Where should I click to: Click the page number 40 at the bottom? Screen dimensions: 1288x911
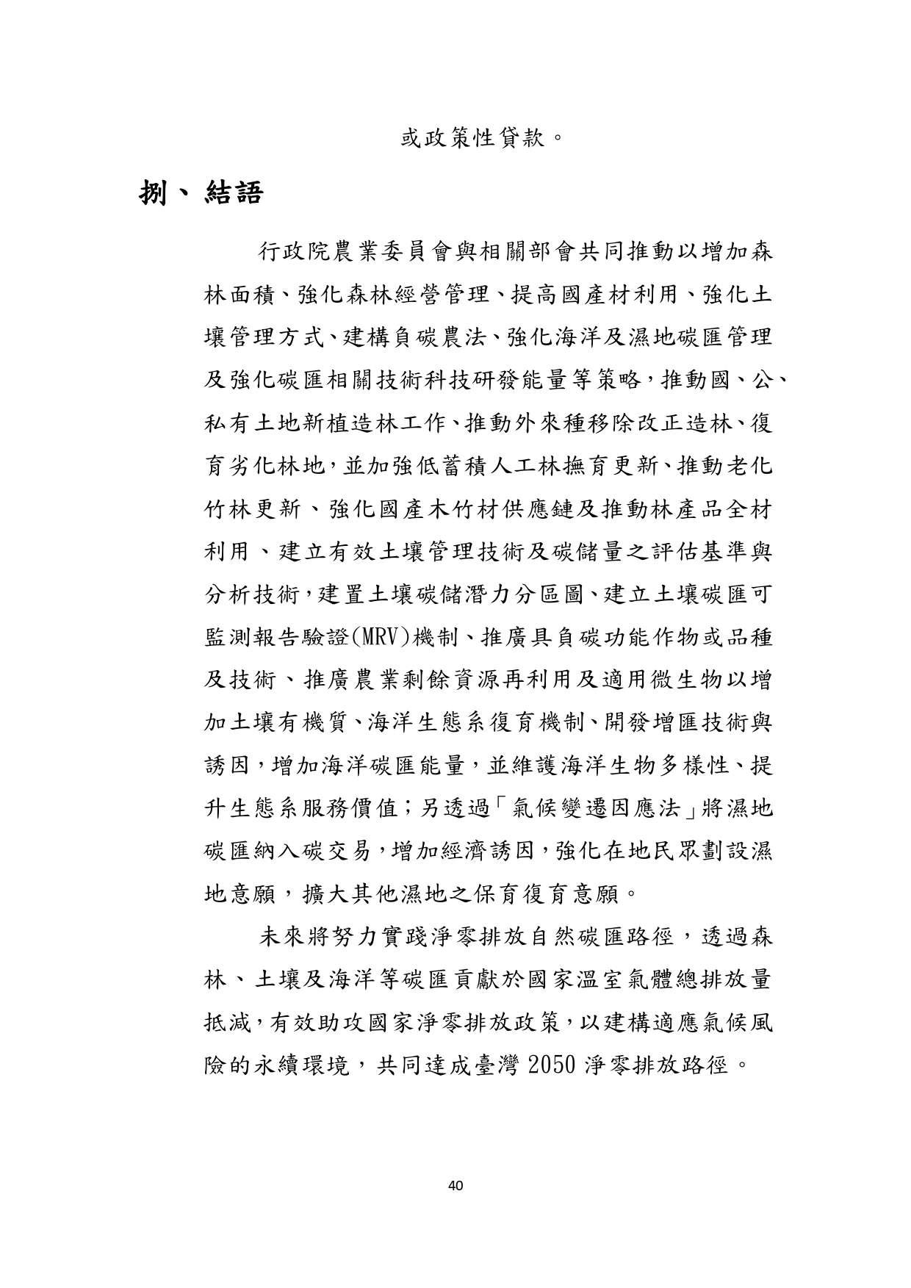455,1184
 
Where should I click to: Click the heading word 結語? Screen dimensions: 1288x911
234,194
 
